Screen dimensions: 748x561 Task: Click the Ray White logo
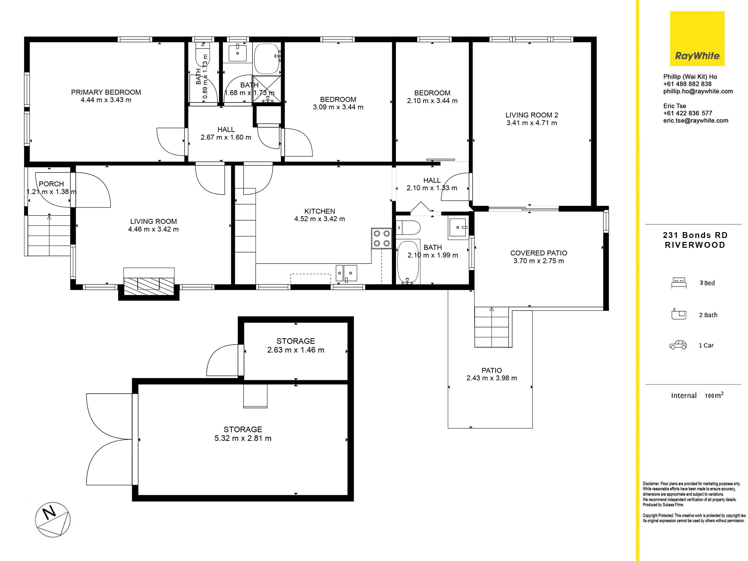[x=697, y=39]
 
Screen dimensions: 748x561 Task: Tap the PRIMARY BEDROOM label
[x=106, y=92]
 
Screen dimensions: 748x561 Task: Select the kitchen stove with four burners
[x=381, y=238]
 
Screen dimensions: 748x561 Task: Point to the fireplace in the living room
[x=149, y=283]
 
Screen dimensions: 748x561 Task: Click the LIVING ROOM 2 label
[x=532, y=115]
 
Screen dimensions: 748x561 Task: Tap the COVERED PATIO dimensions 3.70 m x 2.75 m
[x=539, y=261]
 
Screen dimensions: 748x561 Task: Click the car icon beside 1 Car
[x=678, y=345]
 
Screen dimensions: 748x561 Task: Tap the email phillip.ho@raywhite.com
[x=698, y=91]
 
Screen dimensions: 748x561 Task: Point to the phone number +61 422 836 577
[x=687, y=113]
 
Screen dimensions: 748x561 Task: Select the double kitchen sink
[x=346, y=273]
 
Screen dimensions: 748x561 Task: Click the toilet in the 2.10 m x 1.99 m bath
[x=408, y=228]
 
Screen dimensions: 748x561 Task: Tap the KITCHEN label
[x=320, y=211]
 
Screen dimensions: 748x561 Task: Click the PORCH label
[x=51, y=184]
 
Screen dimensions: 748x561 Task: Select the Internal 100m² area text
[x=697, y=395]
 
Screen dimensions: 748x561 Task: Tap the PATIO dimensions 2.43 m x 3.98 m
[x=492, y=378]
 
